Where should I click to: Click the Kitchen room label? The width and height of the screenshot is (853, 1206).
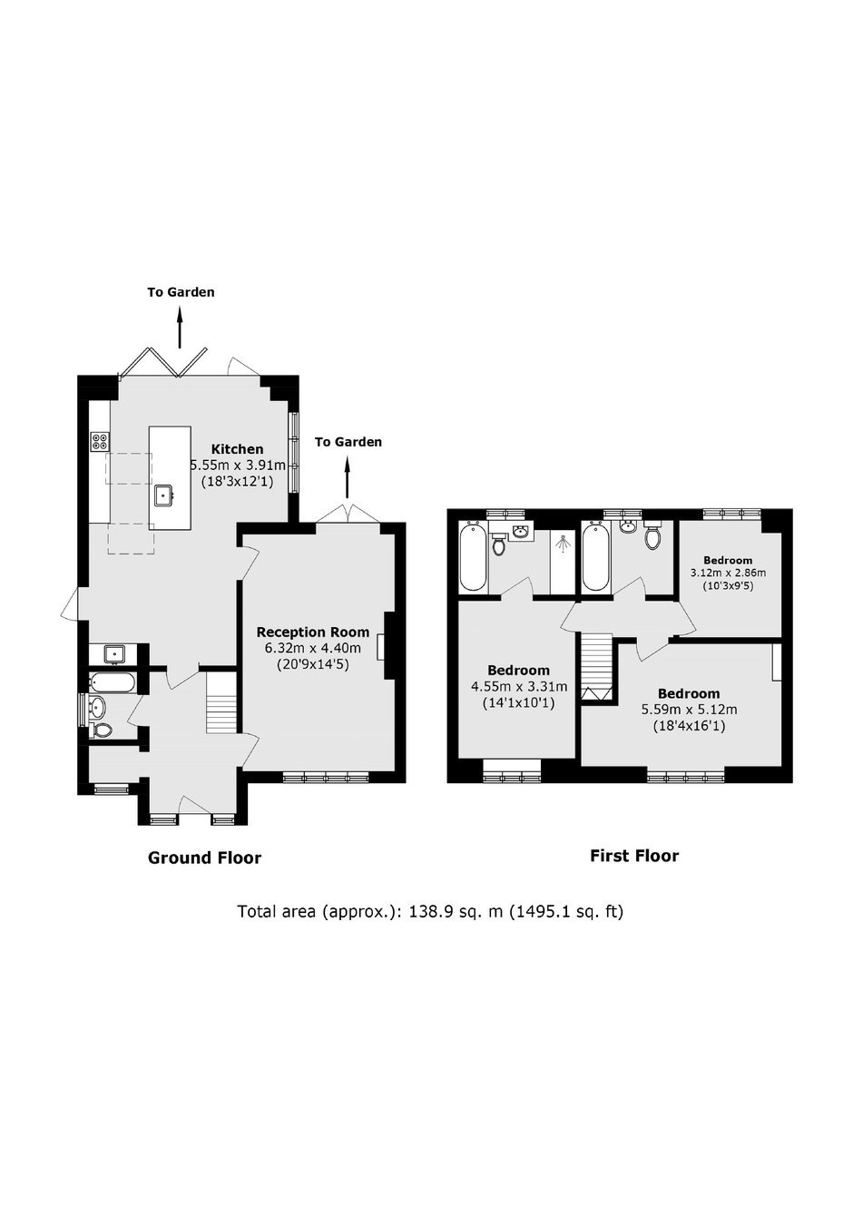point(237,449)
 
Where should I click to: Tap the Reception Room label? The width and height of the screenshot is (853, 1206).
point(313,632)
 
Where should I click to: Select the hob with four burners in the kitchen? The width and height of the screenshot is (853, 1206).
point(100,442)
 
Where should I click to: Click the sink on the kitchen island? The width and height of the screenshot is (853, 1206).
point(163,495)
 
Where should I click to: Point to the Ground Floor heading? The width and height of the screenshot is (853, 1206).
point(204,858)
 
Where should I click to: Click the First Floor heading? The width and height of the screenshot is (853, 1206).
point(634,856)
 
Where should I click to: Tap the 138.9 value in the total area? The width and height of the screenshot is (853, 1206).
point(428,912)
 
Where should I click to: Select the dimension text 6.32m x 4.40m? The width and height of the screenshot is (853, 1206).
point(313,648)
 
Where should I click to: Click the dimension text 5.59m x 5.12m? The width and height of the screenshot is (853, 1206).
point(690,710)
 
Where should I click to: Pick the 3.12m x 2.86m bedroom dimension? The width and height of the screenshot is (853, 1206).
point(728,573)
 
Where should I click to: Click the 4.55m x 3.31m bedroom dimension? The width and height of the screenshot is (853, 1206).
point(519,687)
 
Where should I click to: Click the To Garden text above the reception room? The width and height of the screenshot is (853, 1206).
point(348,442)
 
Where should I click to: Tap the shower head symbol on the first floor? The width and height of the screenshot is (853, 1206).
point(563,544)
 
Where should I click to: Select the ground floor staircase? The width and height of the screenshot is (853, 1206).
point(221,702)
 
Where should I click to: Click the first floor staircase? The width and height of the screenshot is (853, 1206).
point(596,667)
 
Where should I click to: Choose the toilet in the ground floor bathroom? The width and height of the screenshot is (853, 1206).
point(103,730)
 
